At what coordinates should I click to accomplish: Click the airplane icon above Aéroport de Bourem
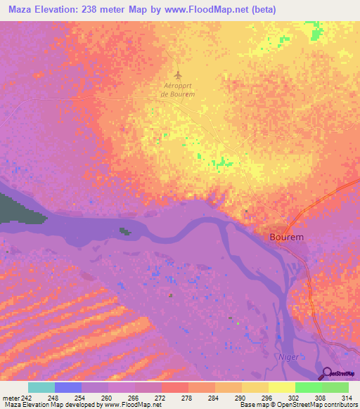click(x=178, y=74)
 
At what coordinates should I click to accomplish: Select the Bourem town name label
click(x=287, y=238)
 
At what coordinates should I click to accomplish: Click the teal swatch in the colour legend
click(x=41, y=387)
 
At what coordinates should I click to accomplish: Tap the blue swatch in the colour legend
click(x=68, y=387)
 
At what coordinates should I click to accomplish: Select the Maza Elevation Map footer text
click(x=28, y=405)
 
